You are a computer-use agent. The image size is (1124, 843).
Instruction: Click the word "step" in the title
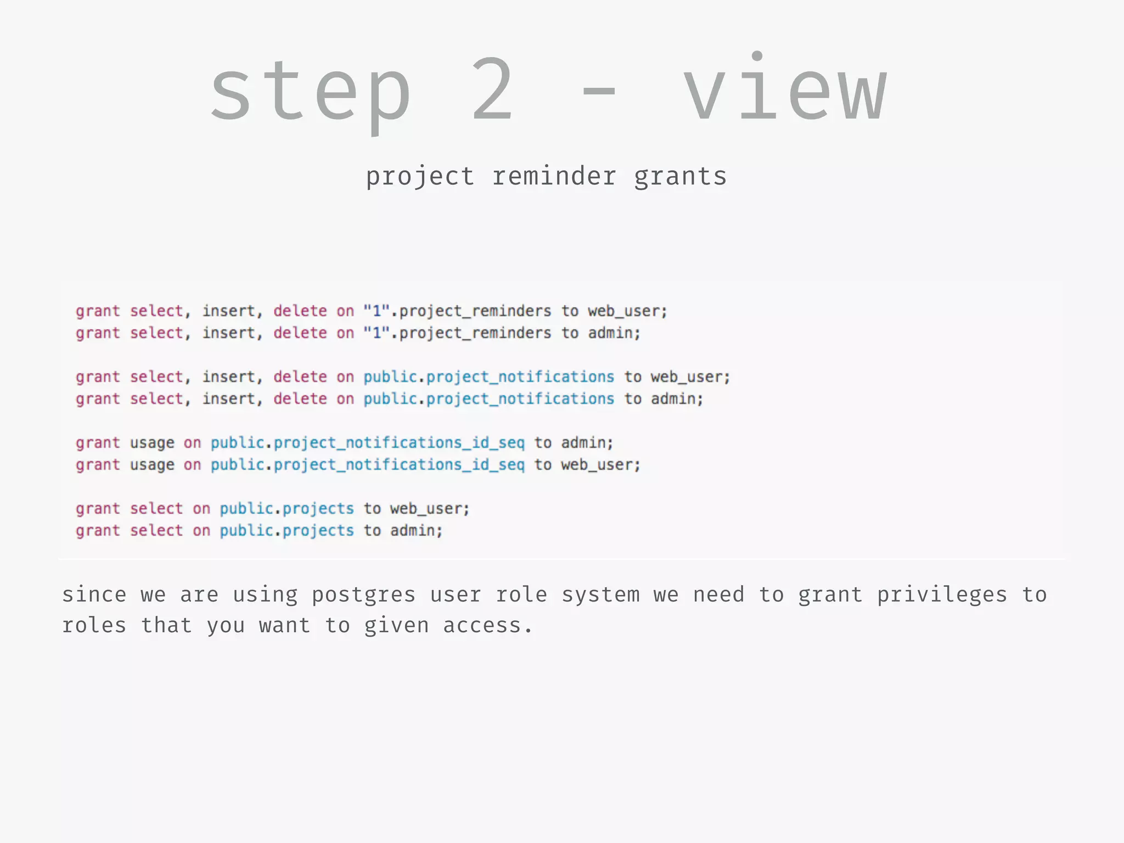(311, 91)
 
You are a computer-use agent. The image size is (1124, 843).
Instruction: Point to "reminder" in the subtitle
(554, 177)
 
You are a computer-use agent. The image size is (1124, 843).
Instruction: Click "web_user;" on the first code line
(627, 311)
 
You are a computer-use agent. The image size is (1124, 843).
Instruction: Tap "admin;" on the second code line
(614, 333)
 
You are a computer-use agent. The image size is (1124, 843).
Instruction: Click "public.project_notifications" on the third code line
(488, 377)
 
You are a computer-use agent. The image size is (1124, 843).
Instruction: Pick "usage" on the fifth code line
(152, 443)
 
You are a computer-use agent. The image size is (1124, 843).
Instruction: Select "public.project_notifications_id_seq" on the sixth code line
(368, 465)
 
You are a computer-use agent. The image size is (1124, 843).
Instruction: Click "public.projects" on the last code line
(287, 531)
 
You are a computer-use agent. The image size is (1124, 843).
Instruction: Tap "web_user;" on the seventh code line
(430, 509)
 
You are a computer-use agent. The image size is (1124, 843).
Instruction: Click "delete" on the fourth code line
(300, 399)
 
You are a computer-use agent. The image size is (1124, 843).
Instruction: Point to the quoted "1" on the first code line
(376, 311)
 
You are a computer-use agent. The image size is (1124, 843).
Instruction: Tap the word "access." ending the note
(487, 626)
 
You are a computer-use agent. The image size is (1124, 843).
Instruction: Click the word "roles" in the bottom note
(94, 626)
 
